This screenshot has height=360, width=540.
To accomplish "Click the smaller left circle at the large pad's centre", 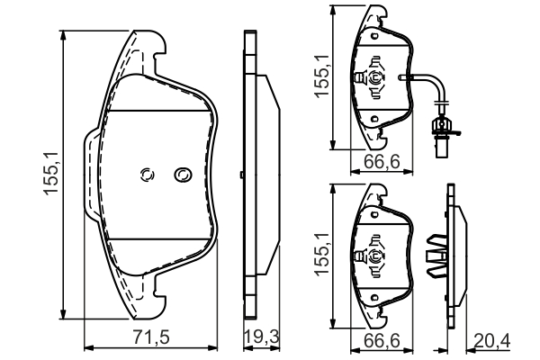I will click(x=148, y=175).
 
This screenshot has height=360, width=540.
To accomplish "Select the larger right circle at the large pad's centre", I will click(x=183, y=174).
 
